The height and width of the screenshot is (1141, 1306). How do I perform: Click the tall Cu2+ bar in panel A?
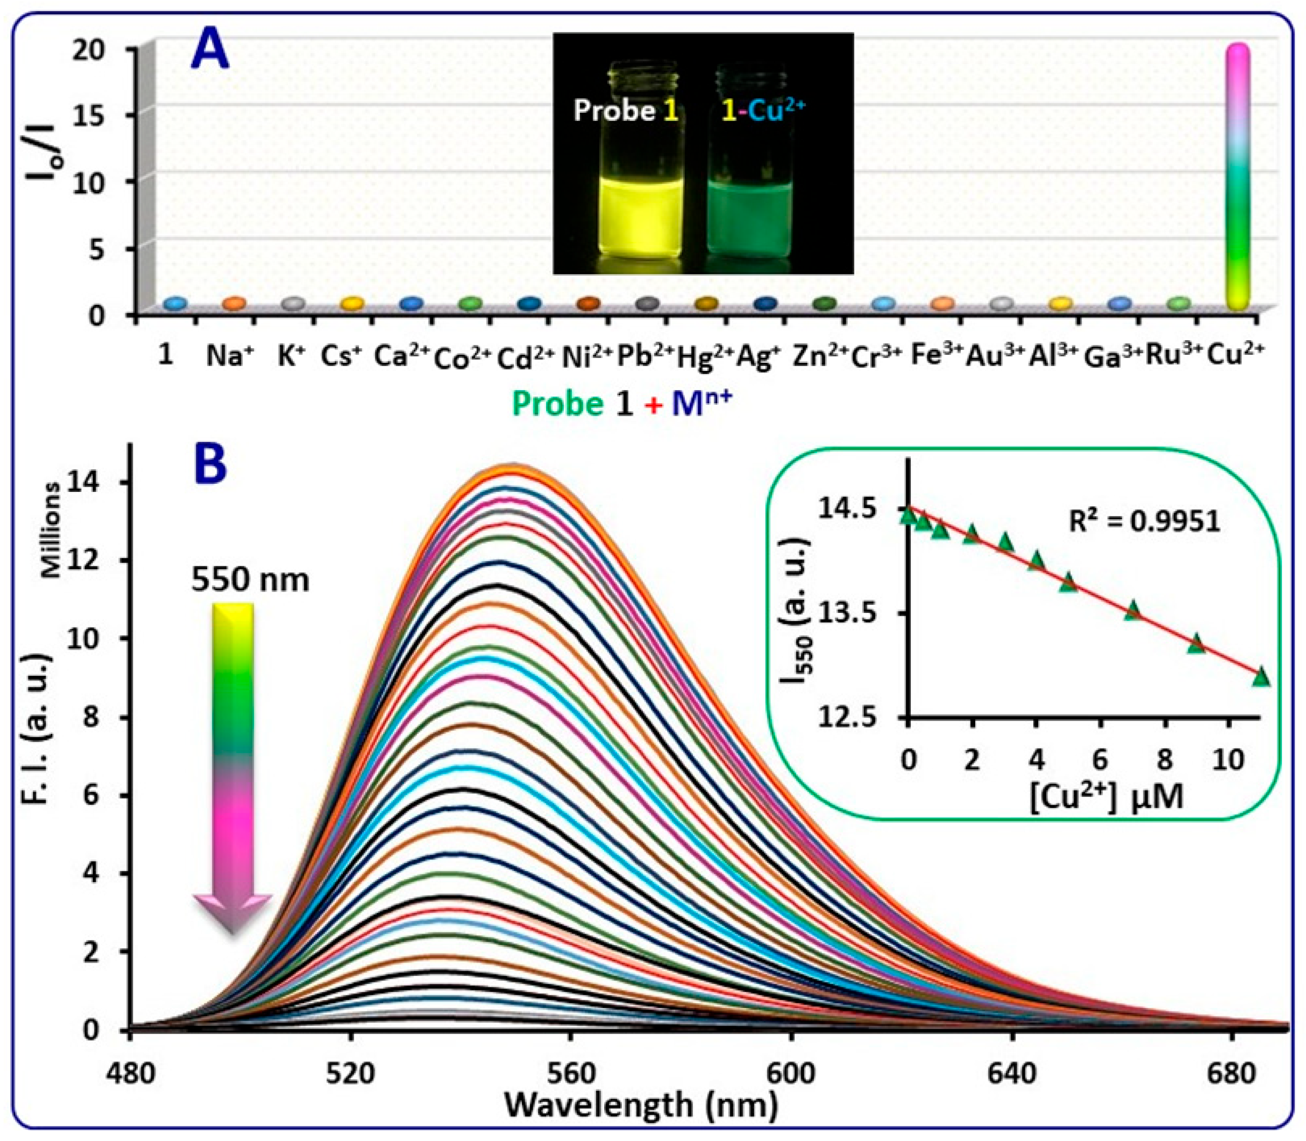coord(1238,178)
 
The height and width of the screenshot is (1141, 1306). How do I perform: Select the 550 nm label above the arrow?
coord(251,580)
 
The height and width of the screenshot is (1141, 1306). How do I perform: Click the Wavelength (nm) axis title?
coord(641,1105)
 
